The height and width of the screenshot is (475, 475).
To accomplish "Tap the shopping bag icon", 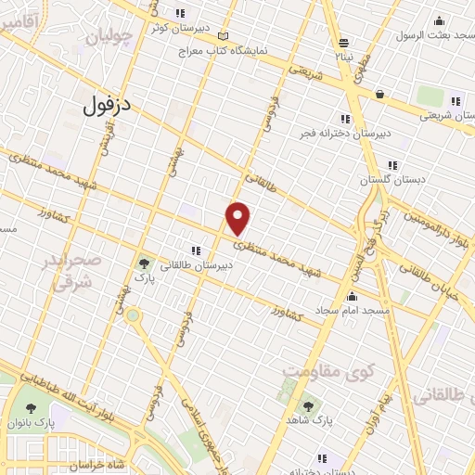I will click(x=379, y=94).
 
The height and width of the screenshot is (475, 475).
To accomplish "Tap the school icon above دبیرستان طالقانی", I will click(x=196, y=250).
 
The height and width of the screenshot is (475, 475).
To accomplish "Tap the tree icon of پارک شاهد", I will click(x=308, y=405).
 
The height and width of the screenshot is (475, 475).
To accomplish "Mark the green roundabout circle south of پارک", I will click(x=134, y=316).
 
